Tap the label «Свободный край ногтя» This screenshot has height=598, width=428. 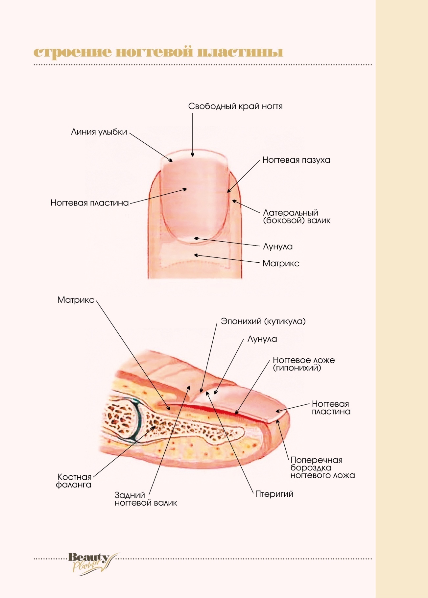(235, 107)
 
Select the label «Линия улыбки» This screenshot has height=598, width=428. (99, 132)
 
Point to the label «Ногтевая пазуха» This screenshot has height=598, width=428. (296, 160)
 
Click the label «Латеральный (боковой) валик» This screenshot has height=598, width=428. (296, 217)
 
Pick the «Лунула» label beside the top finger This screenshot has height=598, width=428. (277, 247)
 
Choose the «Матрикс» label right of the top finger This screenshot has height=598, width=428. (281, 263)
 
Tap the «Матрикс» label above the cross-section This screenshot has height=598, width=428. (76, 300)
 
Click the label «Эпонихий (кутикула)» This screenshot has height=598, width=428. (263, 321)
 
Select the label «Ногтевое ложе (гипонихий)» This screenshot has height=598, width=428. (303, 364)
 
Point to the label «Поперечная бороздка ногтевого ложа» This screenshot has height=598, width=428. (322, 468)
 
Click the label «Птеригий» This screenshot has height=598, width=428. (274, 494)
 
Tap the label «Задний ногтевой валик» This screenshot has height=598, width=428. (146, 499)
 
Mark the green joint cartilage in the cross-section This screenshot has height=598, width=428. (138, 419)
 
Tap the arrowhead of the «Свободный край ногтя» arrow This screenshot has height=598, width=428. (193, 155)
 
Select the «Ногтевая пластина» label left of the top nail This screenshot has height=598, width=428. (89, 203)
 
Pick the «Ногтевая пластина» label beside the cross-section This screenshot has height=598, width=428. (331, 408)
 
